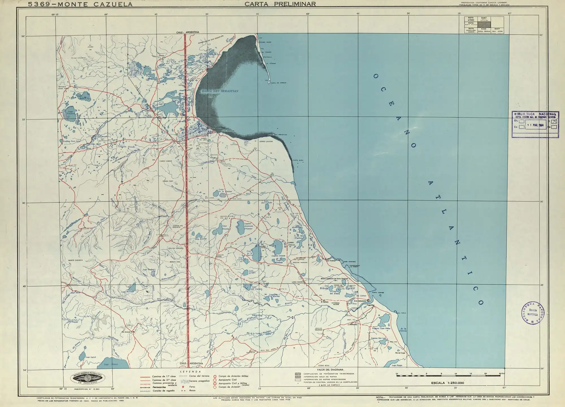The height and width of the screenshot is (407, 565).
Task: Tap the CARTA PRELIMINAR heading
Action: (x=280, y=4)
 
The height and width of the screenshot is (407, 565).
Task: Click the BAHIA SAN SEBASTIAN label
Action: (x=220, y=91)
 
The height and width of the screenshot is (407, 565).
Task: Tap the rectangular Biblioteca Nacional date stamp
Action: (x=535, y=124)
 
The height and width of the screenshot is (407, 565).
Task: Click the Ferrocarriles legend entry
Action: (x=160, y=387)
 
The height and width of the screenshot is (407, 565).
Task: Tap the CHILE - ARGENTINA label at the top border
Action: (x=188, y=32)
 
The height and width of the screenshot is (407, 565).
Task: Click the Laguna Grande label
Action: (x=279, y=256)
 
